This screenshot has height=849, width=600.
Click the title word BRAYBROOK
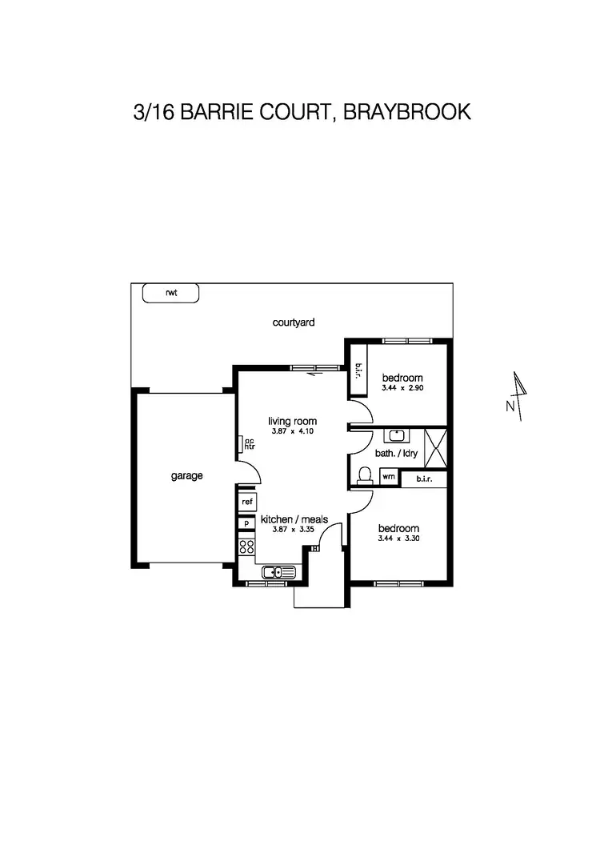[x=407, y=111]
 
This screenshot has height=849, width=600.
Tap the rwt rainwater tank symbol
[x=170, y=293]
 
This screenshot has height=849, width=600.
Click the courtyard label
[x=293, y=322]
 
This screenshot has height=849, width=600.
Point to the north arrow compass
[x=519, y=394]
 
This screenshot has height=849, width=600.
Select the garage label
[x=186, y=475]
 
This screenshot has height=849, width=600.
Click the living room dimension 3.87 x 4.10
[x=293, y=431]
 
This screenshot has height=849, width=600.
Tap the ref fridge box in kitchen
[x=247, y=502]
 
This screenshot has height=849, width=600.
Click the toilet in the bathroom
[x=365, y=475]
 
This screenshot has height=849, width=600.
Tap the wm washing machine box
[x=388, y=477]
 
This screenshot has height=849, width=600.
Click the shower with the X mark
[x=435, y=448]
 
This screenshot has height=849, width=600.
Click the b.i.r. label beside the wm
[x=423, y=479]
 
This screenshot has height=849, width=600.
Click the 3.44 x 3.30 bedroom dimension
[x=398, y=539]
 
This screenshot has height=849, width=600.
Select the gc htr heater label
[x=248, y=443]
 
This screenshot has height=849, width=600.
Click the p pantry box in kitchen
[x=246, y=523]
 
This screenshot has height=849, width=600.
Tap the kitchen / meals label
[x=294, y=519]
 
